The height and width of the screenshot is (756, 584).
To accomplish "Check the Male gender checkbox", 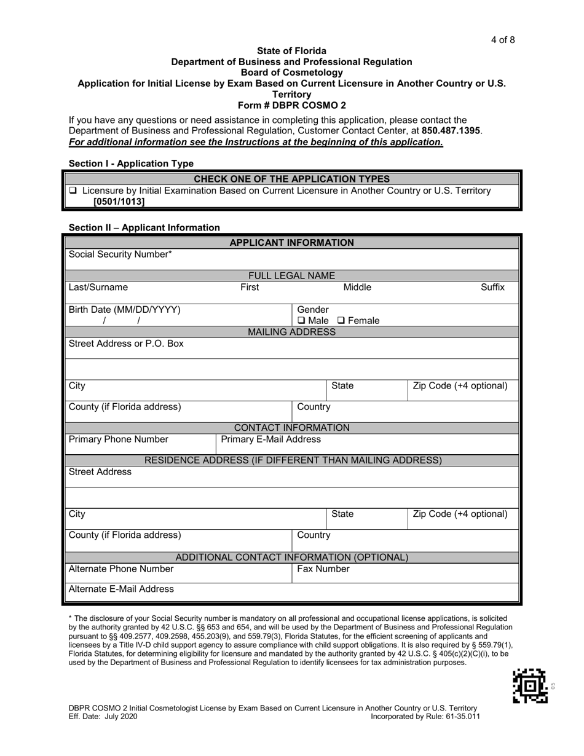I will click(x=301, y=321).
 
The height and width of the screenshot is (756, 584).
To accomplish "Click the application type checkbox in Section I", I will click(x=73, y=191).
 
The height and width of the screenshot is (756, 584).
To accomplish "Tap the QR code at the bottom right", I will click(x=530, y=686).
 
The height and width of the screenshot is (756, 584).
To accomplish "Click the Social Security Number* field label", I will click(x=120, y=254).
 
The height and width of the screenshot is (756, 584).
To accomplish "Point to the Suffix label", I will click(x=492, y=287).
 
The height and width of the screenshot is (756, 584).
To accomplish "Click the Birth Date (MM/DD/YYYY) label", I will click(x=125, y=310).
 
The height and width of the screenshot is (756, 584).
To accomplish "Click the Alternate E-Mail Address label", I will click(x=121, y=589).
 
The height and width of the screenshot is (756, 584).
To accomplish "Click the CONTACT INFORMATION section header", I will click(x=291, y=428).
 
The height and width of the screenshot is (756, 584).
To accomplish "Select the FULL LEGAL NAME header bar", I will click(x=291, y=276).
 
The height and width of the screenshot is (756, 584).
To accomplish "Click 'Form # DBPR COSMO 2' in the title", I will click(x=291, y=105).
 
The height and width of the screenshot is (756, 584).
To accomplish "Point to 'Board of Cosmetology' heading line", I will click(x=291, y=73).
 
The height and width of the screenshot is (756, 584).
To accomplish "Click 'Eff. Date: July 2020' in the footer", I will click(x=103, y=717).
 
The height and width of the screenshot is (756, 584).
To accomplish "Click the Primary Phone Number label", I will click(x=119, y=439).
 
